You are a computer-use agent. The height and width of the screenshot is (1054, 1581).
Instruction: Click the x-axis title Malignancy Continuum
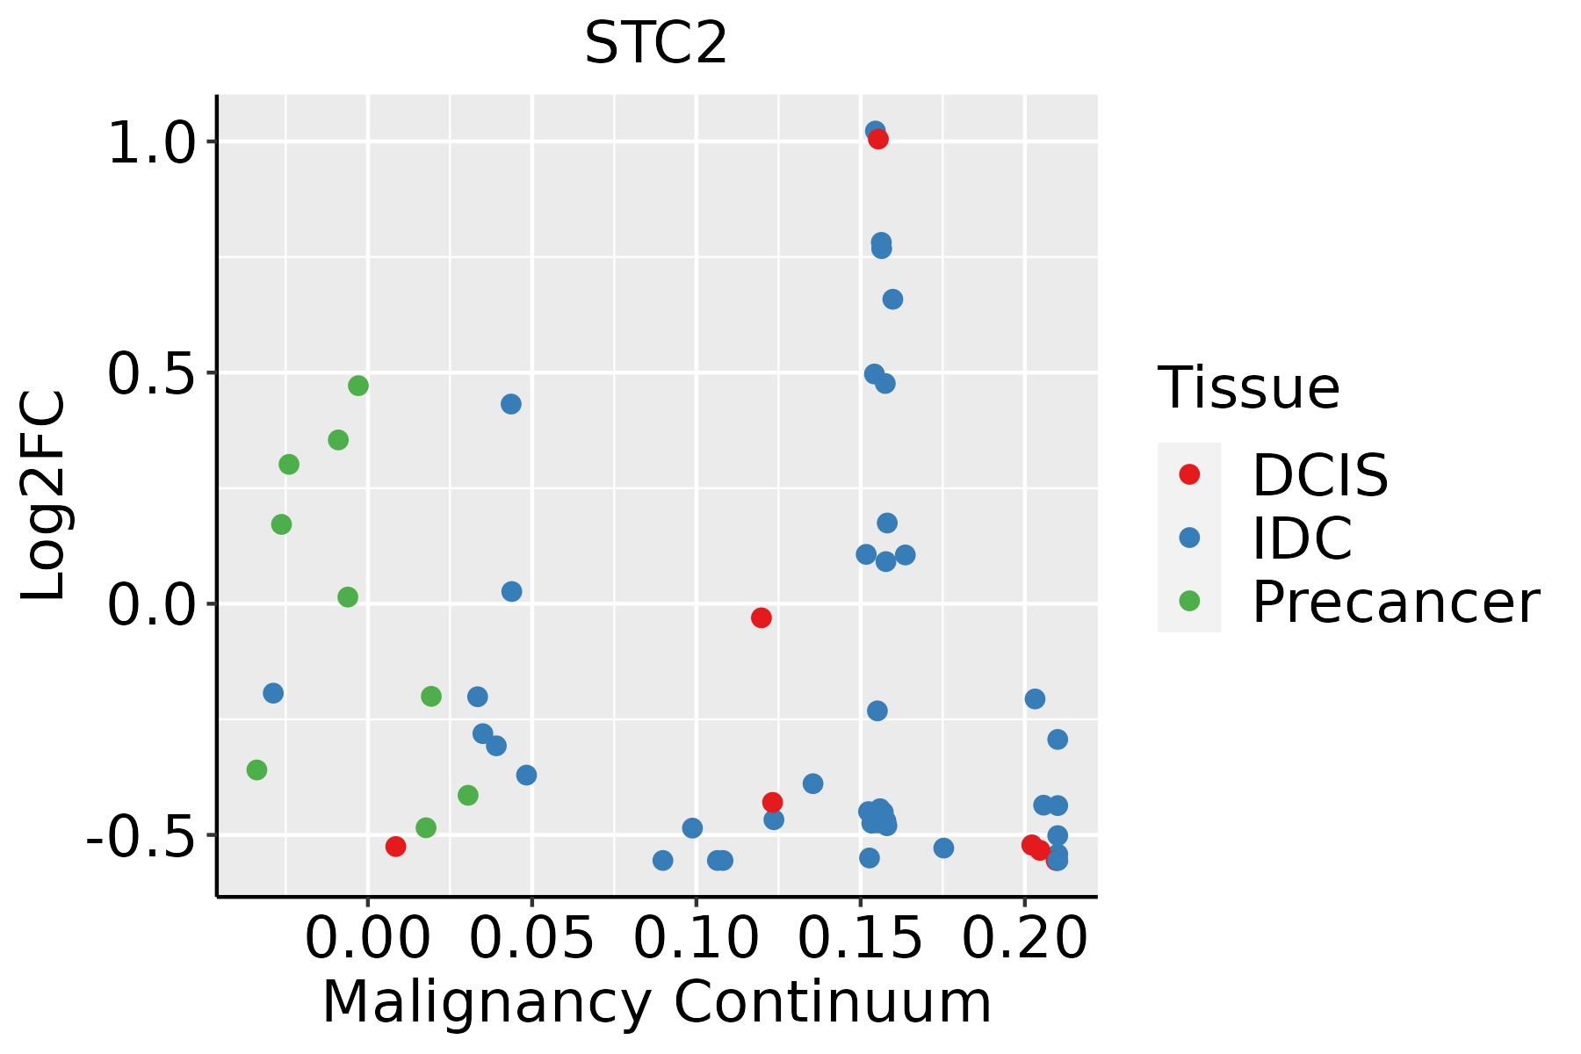point(656,1003)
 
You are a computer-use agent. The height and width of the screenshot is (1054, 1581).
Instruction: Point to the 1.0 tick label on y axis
point(150,142)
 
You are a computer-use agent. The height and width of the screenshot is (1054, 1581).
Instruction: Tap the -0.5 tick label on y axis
point(139,834)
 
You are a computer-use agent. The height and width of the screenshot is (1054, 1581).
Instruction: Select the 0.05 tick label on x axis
point(531,939)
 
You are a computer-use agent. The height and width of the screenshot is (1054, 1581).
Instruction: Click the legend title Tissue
point(1248,387)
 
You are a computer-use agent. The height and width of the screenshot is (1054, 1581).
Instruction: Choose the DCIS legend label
point(1319,475)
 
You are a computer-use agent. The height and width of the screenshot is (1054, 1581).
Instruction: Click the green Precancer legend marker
point(1189,602)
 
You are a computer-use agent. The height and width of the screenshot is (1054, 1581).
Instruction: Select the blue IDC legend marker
point(1189,538)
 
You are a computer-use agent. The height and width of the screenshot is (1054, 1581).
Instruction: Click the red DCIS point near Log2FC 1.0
point(878,139)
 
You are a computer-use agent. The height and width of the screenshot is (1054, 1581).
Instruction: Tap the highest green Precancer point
point(358,386)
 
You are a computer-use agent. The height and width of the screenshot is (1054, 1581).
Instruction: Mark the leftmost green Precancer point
point(256,770)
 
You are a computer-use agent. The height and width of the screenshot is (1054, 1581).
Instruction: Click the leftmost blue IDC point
point(273,693)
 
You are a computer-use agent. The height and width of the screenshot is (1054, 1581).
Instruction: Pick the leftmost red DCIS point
point(395,847)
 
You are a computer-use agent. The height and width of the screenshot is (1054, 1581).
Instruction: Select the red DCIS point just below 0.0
point(762,618)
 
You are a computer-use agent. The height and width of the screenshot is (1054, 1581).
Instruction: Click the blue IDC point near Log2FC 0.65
point(892,300)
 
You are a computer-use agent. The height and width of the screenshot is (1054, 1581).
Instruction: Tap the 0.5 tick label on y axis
point(150,373)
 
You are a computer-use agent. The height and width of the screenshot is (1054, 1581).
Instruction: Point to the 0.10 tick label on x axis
point(696,939)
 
